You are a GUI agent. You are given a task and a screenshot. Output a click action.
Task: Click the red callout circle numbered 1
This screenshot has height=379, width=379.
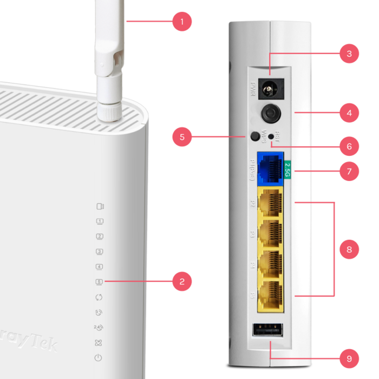click(x=182, y=22)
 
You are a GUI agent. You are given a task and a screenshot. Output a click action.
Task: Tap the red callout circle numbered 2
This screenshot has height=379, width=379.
click(x=182, y=281)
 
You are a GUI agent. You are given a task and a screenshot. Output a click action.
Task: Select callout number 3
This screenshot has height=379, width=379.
click(x=349, y=53)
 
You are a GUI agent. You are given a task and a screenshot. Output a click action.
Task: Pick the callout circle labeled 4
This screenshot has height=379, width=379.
click(x=349, y=113)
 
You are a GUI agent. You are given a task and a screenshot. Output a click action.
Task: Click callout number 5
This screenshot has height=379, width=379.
click(x=182, y=137)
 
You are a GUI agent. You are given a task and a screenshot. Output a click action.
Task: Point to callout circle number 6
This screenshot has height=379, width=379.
click(x=349, y=146)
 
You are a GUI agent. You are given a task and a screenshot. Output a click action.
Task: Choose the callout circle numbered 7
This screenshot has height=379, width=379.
click(x=349, y=172)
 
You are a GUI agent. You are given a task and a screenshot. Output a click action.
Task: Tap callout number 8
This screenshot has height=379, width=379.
click(x=349, y=250)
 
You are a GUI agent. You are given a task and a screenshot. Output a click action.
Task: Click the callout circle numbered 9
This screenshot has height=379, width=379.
click(x=349, y=358)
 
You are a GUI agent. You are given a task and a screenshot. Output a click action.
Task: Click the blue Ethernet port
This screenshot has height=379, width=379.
click(x=270, y=166)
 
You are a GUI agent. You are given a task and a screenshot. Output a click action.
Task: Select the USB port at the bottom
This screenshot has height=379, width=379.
click(x=267, y=330)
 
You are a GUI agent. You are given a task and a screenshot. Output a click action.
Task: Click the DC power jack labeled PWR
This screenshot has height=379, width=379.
click(x=269, y=87)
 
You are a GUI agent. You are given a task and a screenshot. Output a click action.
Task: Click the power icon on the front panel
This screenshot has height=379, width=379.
click(x=98, y=358)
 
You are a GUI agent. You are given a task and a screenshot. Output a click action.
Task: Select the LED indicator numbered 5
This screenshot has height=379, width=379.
click(x=99, y=282)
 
